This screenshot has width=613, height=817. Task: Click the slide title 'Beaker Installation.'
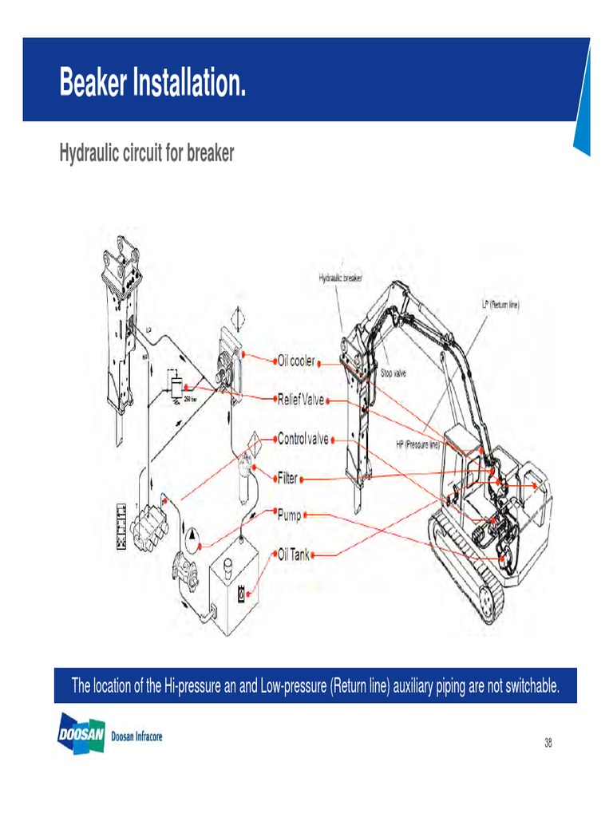pos(152,83)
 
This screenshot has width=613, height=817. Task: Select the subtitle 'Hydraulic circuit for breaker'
pos(147,153)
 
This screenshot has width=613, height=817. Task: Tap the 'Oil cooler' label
pos(295,361)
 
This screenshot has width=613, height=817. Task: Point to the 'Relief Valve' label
pos(300,399)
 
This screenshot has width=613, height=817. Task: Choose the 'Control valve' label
pos(303,438)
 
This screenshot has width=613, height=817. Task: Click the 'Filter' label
pos(287,478)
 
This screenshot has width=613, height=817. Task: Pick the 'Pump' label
pos(289,515)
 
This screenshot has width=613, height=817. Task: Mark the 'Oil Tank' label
pos(293,554)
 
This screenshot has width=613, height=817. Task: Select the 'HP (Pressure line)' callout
pos(418,444)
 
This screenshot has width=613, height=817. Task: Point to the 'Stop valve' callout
pos(393,373)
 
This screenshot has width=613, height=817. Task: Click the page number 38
pos(548,743)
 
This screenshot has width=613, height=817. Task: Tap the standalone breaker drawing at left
pos(120,335)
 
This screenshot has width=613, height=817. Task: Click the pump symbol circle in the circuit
pos(192,537)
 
